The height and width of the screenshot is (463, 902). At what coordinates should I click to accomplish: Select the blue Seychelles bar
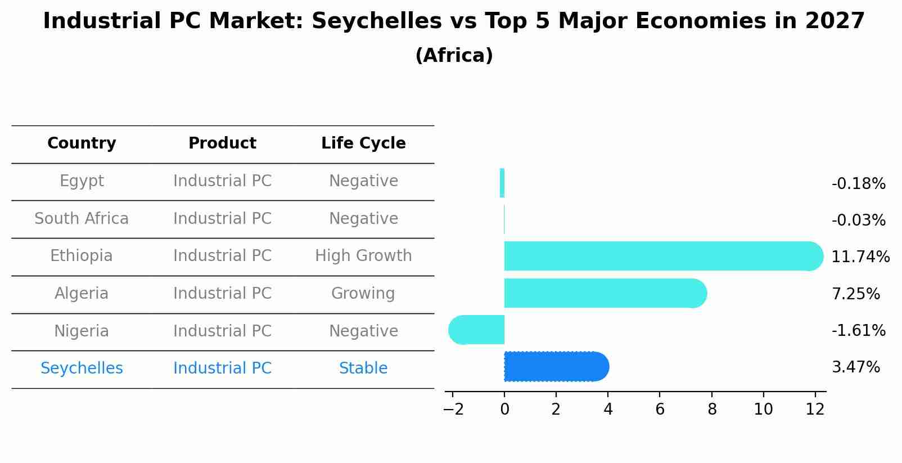[x=556, y=367]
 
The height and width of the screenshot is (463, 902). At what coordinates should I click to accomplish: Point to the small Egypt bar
[x=502, y=183]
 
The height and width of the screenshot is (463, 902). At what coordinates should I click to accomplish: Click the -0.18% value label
[x=858, y=184]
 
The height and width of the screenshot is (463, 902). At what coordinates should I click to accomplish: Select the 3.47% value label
[x=855, y=367]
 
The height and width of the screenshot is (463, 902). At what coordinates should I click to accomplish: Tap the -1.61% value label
[x=858, y=330]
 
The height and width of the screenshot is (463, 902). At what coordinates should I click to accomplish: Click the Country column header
[x=82, y=143]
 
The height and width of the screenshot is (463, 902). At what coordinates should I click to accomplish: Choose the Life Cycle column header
[x=363, y=143]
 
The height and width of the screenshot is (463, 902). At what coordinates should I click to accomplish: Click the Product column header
[x=222, y=143]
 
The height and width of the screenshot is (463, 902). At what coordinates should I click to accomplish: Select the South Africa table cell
[x=82, y=219]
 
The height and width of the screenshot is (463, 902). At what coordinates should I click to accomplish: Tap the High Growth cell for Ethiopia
[x=363, y=256]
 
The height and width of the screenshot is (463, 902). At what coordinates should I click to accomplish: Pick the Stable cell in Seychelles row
[x=363, y=368]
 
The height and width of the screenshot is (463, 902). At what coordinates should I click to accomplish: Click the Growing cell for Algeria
[x=363, y=294]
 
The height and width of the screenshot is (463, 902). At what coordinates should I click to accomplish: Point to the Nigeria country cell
[x=82, y=331]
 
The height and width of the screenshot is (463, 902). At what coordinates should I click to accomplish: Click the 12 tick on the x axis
[x=815, y=410]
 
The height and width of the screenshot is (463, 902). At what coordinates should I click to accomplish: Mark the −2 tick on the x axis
[x=453, y=410]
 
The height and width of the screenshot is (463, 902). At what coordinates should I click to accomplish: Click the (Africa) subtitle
[x=454, y=56]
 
